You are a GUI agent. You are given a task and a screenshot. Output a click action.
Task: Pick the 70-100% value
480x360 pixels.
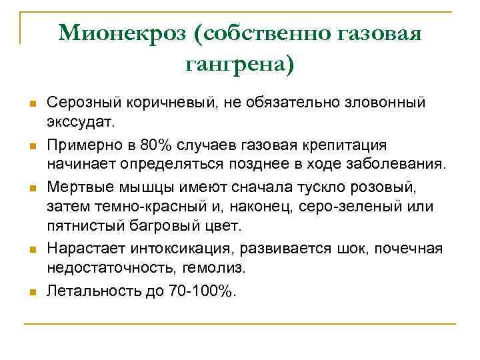pyautogui.click(x=198, y=291)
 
